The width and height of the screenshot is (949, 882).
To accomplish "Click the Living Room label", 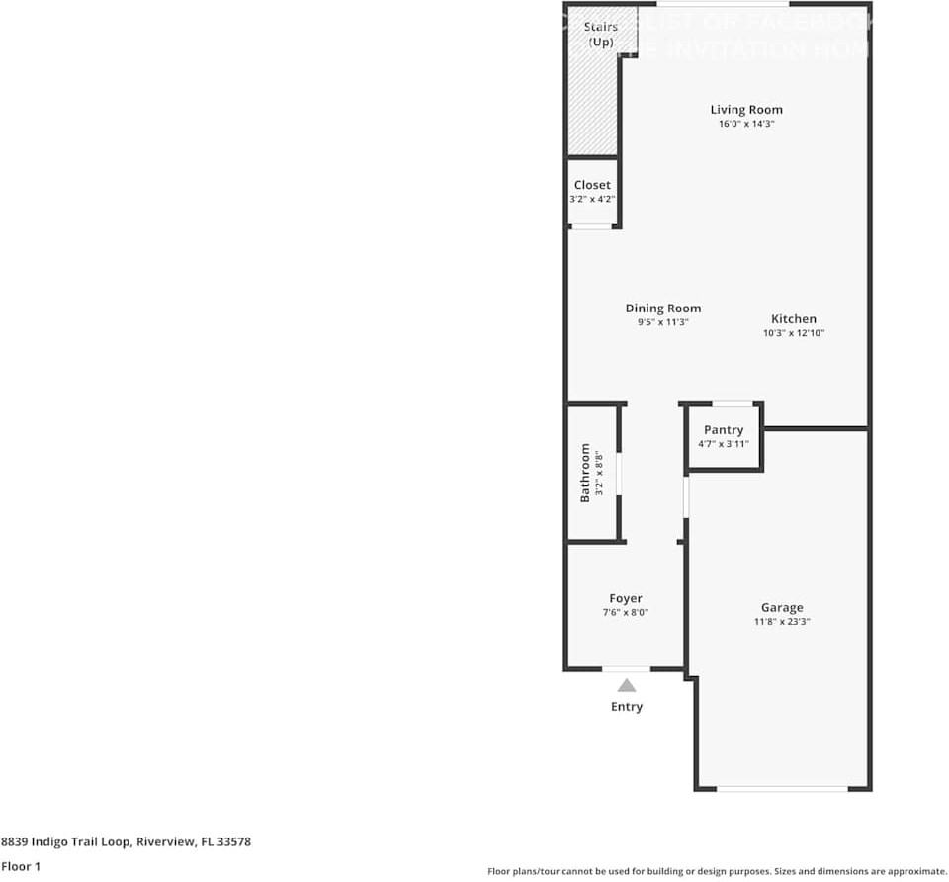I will point(746,110).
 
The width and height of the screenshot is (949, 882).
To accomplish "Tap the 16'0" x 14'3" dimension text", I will point(746,125).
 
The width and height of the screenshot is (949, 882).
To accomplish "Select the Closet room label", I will point(592,185).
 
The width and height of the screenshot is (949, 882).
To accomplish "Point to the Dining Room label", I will point(662,309).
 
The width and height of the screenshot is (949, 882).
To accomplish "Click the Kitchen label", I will point(794,319).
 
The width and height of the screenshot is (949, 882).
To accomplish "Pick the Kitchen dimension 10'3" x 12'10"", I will point(794,334).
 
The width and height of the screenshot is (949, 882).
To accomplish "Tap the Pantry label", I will point(724,430).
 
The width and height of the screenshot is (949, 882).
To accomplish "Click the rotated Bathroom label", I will point(585,473).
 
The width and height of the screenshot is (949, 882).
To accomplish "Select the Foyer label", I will point(626,598).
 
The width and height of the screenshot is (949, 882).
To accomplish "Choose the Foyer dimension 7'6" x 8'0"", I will point(626,613).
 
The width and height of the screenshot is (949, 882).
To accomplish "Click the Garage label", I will point(782,608).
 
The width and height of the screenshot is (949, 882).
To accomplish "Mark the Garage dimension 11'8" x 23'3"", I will point(782,622).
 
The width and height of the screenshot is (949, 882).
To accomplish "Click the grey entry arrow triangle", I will point(627,684).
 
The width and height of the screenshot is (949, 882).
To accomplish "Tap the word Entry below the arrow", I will point(627,707).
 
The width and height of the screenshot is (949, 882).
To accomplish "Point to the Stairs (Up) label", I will point(600,34).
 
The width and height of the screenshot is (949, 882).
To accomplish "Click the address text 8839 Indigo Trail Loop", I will point(126,842).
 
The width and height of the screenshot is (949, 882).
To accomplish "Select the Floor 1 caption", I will point(21,867).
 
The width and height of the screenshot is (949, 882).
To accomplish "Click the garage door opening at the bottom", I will point(782,788).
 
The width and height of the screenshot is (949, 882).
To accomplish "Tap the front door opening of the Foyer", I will point(627,669).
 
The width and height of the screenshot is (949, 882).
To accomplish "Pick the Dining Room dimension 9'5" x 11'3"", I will point(662,322).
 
